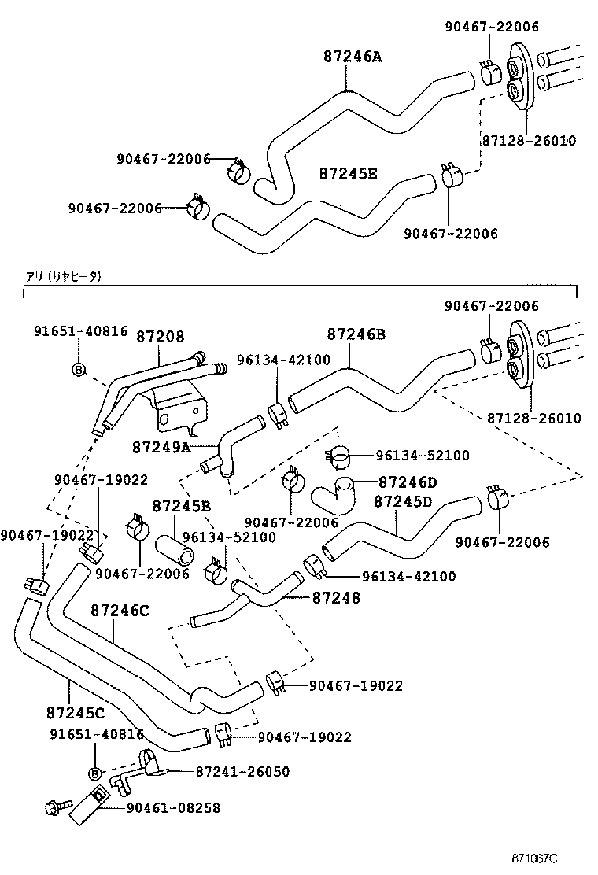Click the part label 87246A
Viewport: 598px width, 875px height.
352,57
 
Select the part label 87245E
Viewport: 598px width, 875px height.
348,174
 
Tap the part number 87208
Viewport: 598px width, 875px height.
160,336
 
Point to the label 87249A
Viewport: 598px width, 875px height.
161,447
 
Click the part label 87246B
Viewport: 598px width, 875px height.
356,334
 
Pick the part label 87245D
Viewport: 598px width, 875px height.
403,501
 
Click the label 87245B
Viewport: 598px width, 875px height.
181,505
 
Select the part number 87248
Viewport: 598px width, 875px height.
336,598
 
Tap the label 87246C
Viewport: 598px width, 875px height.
120,610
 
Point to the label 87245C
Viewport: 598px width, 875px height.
76,713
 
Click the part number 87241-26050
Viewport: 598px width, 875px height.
242,772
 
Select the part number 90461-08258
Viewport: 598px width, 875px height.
173,807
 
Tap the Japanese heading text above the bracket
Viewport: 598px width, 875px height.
63,276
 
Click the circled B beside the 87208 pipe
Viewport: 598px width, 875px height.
79,368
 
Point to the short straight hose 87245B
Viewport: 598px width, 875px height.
175,550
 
